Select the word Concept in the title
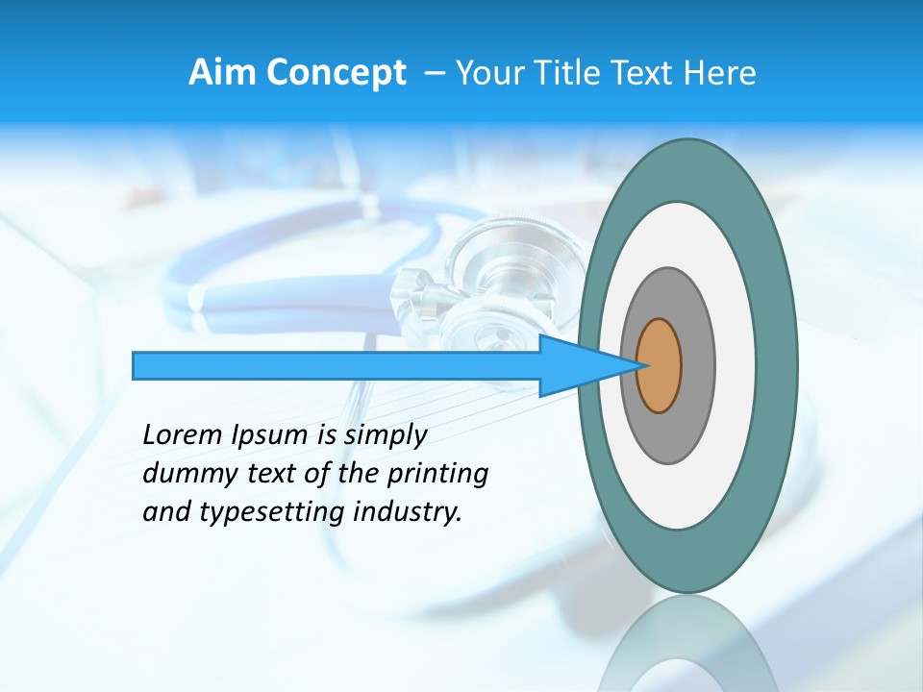[336, 73]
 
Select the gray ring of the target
[697, 366]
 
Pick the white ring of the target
[736, 366]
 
